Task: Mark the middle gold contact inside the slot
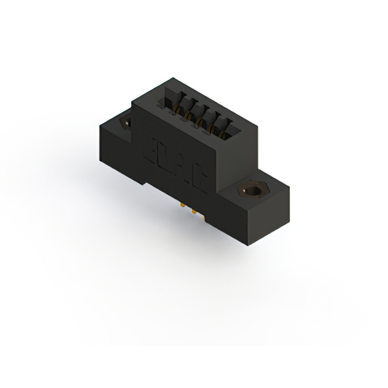tap(201, 119)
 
